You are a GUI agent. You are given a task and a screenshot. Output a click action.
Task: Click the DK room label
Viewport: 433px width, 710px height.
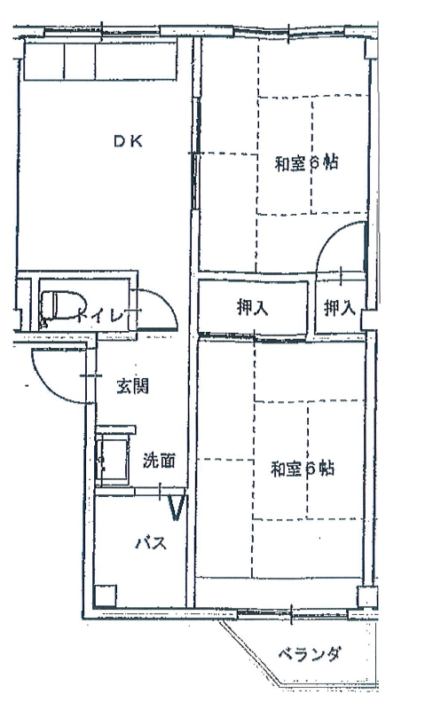pyautogui.click(x=128, y=142)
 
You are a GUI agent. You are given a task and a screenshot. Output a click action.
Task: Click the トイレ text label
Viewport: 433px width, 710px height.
pyautogui.click(x=100, y=314)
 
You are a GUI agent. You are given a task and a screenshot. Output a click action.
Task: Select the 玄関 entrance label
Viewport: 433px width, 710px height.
pyautogui.click(x=132, y=386)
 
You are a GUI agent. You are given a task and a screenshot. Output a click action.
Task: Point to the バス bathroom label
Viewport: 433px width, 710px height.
pyautogui.click(x=151, y=542)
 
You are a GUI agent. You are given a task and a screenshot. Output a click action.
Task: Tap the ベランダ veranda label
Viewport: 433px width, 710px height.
pyautogui.click(x=309, y=654)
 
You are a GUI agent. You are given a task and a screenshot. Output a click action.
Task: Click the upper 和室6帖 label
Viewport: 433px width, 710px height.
pyautogui.click(x=307, y=163)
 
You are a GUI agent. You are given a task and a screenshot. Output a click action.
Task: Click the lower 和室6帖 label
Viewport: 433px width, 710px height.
pyautogui.click(x=303, y=469)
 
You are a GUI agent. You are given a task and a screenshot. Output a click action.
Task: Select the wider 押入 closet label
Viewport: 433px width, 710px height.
pyautogui.click(x=252, y=308)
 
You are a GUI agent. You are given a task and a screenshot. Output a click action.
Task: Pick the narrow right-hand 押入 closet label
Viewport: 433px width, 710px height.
pyautogui.click(x=339, y=308)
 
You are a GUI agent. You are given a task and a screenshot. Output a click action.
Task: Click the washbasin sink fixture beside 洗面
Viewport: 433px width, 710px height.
pyautogui.click(x=114, y=460)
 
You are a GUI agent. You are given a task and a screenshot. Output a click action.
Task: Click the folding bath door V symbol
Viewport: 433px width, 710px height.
pyautogui.click(x=176, y=508)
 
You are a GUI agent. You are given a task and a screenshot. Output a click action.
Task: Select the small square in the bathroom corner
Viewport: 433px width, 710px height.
pyautogui.click(x=105, y=596)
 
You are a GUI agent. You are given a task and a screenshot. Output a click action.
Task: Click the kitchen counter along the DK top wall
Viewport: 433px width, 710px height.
pyautogui.click(x=99, y=61)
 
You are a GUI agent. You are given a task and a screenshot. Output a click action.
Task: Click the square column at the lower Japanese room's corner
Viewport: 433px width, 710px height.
pyautogui.click(x=366, y=596)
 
